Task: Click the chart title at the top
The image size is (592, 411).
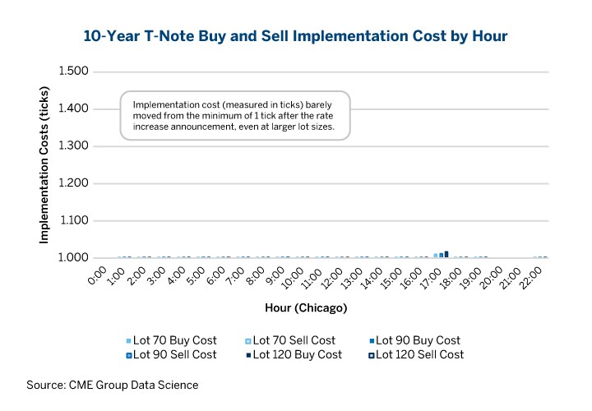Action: [x=295, y=36]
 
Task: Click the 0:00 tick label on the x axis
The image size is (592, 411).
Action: [x=97, y=275]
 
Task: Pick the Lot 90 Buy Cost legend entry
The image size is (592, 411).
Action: [x=414, y=340]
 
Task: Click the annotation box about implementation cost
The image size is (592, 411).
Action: [x=236, y=116]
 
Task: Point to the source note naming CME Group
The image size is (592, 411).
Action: [x=113, y=385]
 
